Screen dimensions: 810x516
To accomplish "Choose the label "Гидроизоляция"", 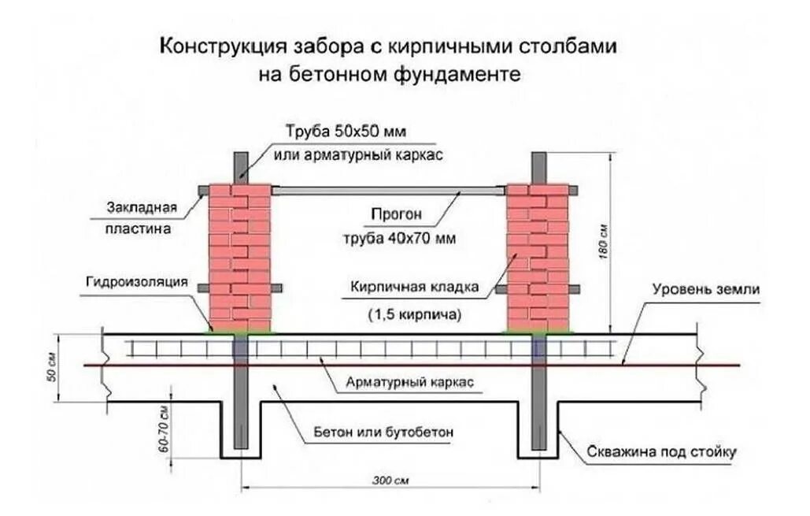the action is coord(139,281).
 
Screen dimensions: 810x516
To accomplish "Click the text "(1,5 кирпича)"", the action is coord(414,314).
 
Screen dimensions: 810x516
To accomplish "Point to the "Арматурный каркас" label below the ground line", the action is coord(409,383).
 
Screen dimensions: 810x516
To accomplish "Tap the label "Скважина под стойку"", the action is coord(661,453).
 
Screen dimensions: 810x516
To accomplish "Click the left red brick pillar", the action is coord(240,256).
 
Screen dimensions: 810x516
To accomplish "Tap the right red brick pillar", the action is coord(538,256).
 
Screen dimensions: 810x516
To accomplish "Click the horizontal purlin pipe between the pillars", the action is coord(389,190).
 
